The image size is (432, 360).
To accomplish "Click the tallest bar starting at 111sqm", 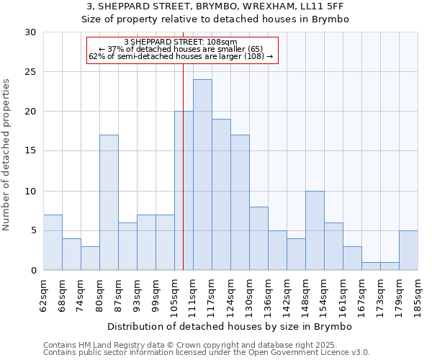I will [202, 175].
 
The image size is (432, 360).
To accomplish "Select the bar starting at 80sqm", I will [109, 202].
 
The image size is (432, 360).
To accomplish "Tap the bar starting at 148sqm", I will [315, 230].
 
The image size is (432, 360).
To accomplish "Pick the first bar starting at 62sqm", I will [53, 243].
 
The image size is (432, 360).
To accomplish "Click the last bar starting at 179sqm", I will [408, 251].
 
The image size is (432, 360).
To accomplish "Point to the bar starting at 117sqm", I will [221, 194].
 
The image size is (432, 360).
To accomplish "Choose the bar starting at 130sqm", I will [258, 238].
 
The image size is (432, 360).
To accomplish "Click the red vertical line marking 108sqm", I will [184, 166].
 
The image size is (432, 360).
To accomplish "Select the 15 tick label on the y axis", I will [30, 151].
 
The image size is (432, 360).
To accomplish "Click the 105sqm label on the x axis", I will [174, 296].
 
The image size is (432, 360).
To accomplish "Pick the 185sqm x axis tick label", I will [418, 296].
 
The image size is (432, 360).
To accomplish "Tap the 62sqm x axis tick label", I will [43, 296].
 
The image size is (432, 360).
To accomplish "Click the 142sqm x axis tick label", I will [287, 296].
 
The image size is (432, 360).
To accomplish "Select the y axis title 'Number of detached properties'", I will [7, 154].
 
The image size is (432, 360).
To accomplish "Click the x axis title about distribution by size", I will [230, 327].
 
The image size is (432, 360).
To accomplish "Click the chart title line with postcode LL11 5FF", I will [215, 6].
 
